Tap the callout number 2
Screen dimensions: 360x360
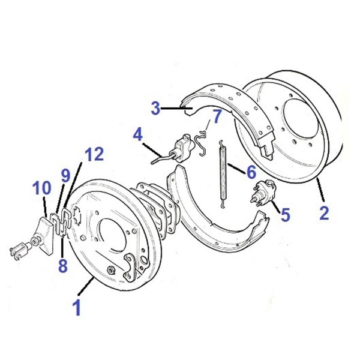324,213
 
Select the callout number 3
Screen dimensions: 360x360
155,109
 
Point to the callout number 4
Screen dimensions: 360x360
138,135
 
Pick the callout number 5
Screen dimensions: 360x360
286,214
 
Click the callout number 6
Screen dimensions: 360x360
251,172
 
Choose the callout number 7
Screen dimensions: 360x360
217,116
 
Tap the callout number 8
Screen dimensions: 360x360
63,266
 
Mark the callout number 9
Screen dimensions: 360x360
65,176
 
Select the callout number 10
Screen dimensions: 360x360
41,188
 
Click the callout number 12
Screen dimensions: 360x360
94,154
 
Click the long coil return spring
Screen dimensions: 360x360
223,174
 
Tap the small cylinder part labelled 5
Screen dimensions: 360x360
263,192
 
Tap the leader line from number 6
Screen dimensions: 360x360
237,169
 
